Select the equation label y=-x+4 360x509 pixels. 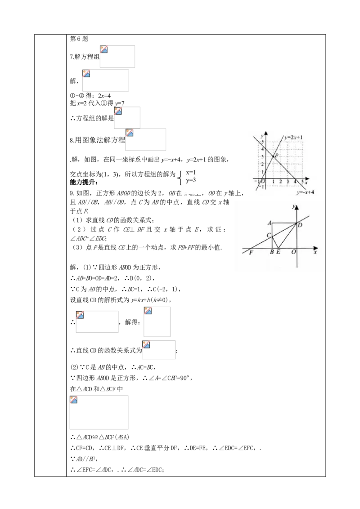click(x=305, y=192)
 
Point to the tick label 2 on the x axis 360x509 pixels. click(x=280, y=181)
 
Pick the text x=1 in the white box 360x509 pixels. click(x=191, y=172)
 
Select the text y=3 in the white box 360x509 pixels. click(x=191, y=180)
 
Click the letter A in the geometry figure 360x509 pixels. click(x=269, y=223)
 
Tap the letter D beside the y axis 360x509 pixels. click(x=300, y=225)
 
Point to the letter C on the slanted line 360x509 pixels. click(x=269, y=236)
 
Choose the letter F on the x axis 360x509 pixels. click(x=251, y=252)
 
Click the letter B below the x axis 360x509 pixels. click(x=271, y=252)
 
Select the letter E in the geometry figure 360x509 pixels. click(x=278, y=252)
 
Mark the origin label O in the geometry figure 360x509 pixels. click(x=293, y=252)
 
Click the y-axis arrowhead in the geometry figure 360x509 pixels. click(x=297, y=205)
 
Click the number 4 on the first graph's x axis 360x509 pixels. click(x=295, y=181)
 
